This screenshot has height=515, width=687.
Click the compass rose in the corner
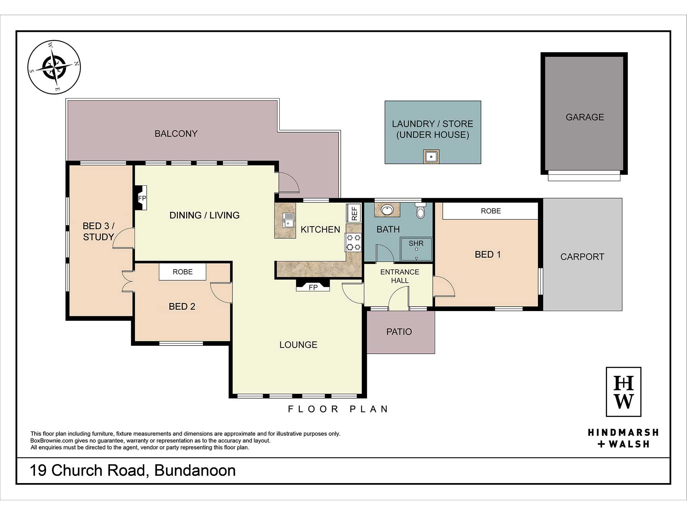pos(54,67)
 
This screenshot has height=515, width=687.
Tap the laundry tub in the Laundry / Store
pos(431,157)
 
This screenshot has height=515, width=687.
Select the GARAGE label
pos(585,117)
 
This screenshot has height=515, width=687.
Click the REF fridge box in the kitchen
pos(354,213)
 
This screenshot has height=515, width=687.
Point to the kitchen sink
pos(288,220)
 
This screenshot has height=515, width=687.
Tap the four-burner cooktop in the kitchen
pos(353,242)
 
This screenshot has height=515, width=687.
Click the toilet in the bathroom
pos(420,210)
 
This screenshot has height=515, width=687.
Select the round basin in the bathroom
pos(387,210)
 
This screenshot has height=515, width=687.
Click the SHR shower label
pos(416,243)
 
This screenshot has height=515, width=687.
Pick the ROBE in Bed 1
pos(490,211)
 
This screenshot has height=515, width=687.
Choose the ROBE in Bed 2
pos(182,272)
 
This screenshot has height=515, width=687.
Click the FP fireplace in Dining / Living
pos(141,198)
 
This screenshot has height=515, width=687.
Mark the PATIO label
pos(399,332)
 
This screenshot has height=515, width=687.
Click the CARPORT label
pos(582,257)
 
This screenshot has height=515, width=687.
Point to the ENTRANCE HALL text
pos(400,276)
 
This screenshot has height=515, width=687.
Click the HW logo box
pos(623,392)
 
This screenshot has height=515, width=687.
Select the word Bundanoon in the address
pos(195,470)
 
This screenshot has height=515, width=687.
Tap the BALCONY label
pos(176,134)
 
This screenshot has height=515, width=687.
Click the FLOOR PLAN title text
pos(338,409)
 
